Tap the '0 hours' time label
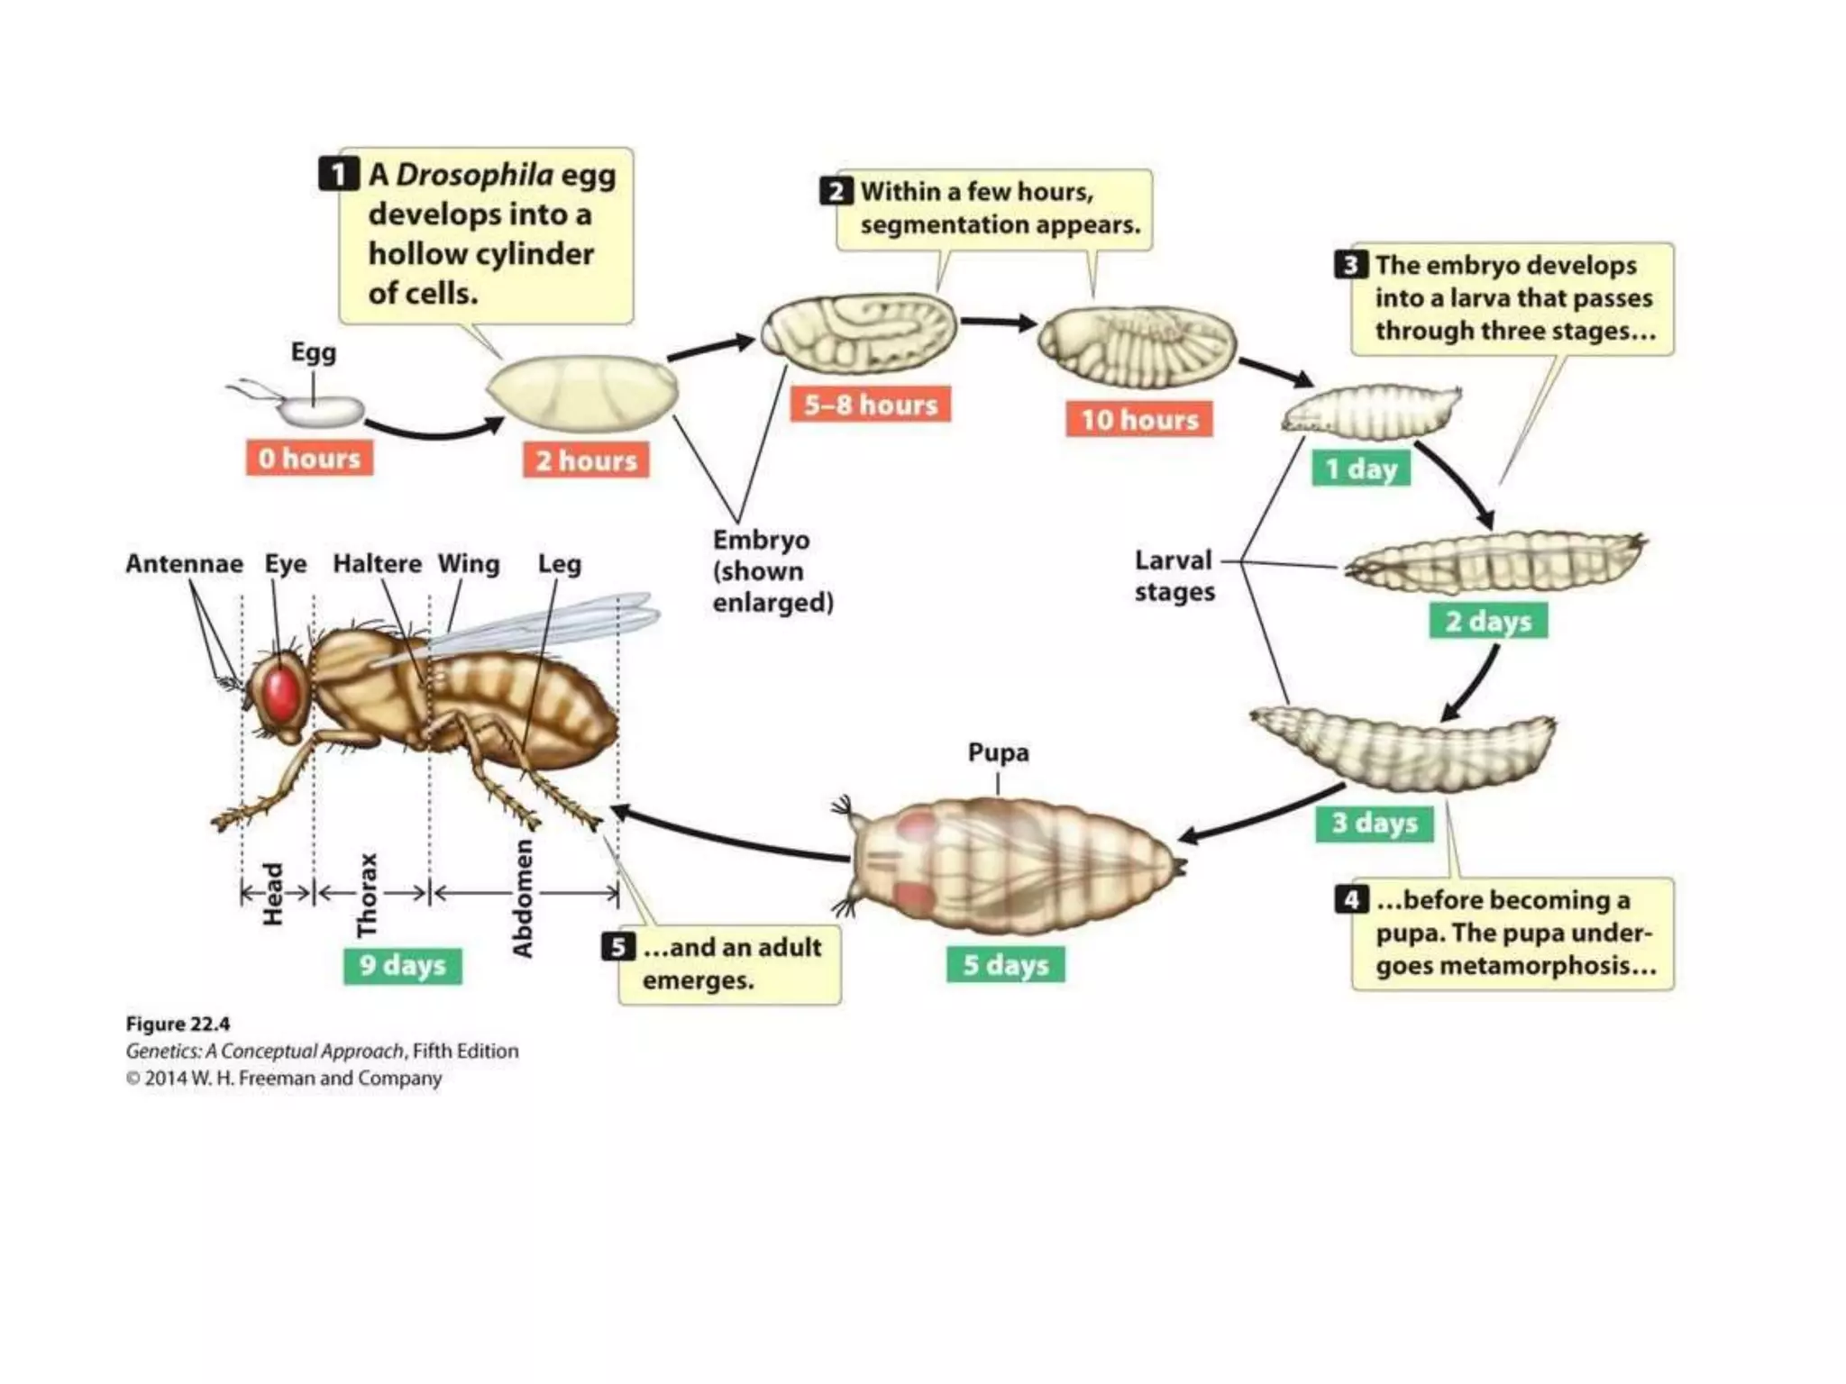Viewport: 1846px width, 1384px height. coord(309,459)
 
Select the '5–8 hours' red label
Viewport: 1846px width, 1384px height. coord(870,405)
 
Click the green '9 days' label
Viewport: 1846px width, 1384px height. coord(402,965)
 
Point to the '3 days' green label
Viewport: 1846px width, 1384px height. coord(1374,823)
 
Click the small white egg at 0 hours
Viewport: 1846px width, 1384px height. coord(320,412)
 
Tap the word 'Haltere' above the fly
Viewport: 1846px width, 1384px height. coord(377,564)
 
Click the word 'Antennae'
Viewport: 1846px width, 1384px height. coord(184,564)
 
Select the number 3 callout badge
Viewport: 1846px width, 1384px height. coord(1350,265)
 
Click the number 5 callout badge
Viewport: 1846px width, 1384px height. coord(618,947)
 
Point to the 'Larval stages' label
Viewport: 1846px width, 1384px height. coord(1174,576)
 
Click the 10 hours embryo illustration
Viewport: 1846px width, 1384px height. coord(1137,346)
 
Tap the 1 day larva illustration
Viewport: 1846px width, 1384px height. coord(1371,412)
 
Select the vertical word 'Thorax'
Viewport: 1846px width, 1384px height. coord(366,895)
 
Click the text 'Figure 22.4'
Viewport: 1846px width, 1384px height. coord(178,1024)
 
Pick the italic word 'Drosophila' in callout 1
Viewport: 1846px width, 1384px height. coord(474,174)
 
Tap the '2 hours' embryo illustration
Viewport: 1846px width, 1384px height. coord(582,389)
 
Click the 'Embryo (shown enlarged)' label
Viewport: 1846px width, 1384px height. coord(772,571)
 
